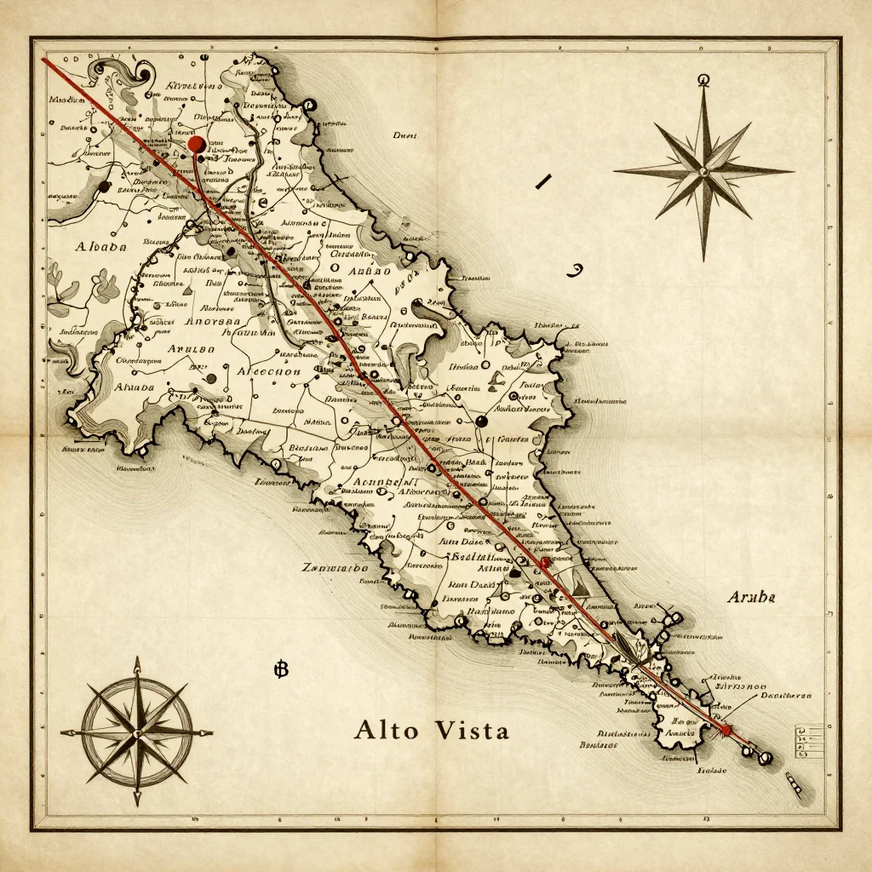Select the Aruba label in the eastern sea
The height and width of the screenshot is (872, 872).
pyautogui.click(x=751, y=598)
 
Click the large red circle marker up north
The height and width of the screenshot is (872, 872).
pyautogui.click(x=197, y=144)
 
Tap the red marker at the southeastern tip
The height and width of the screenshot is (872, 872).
pyautogui.click(x=726, y=730)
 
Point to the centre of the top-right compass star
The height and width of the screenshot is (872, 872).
pyautogui.click(x=703, y=170)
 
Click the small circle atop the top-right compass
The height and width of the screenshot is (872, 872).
pyautogui.click(x=703, y=80)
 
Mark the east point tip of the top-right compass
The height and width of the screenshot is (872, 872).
pyautogui.click(x=793, y=170)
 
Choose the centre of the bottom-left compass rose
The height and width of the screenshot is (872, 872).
pyautogui.click(x=136, y=731)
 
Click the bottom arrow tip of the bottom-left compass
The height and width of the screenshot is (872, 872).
pyautogui.click(x=136, y=804)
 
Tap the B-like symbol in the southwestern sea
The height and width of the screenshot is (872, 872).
pyautogui.click(x=282, y=670)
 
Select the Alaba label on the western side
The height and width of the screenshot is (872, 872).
pyautogui.click(x=101, y=247)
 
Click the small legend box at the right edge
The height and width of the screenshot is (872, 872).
pyautogui.click(x=800, y=741)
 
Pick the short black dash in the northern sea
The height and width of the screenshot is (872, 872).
pyautogui.click(x=542, y=181)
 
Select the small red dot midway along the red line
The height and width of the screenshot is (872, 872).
pyautogui.click(x=545, y=563)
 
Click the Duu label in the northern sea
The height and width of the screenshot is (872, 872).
pyautogui.click(x=404, y=135)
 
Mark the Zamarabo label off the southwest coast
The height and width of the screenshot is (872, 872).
pyautogui.click(x=336, y=567)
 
